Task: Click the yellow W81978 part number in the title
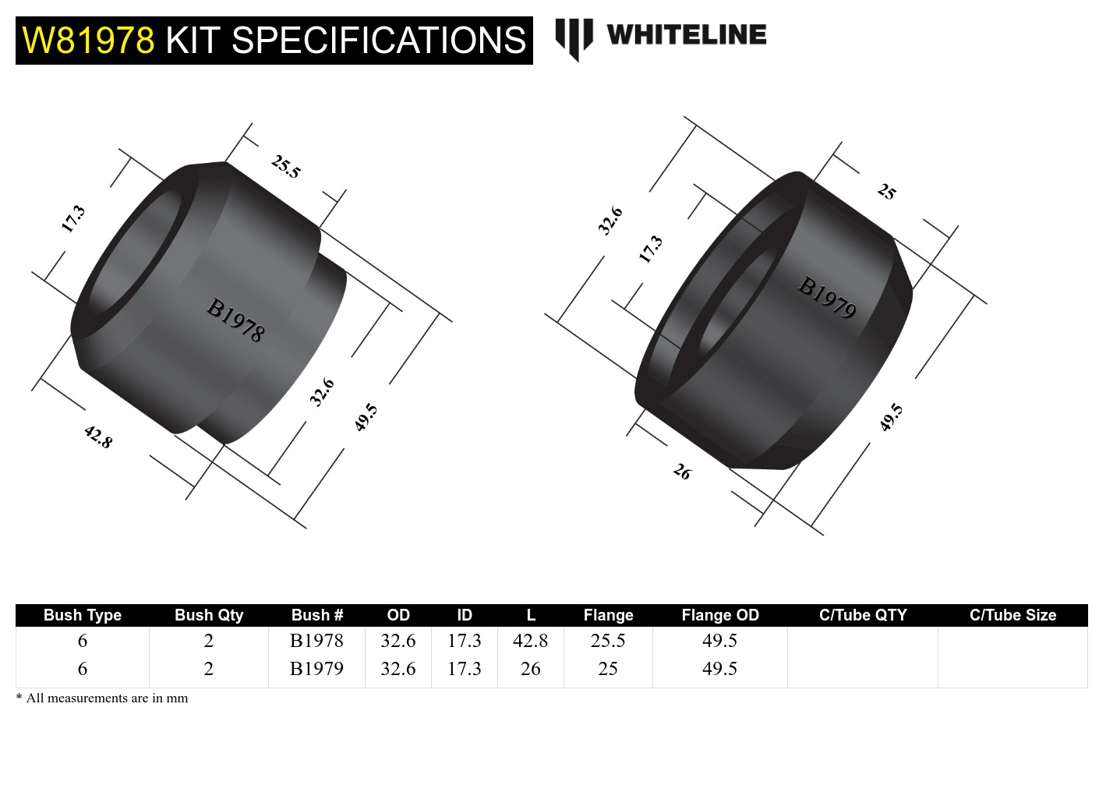tap(88, 41)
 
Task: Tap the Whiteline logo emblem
tap(574, 37)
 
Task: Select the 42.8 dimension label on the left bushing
tap(98, 437)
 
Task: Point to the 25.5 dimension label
tap(285, 166)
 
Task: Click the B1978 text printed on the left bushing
tap(235, 320)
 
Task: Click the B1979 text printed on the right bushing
tap(827, 297)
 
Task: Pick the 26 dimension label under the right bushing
tap(682, 472)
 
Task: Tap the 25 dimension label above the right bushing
tap(887, 191)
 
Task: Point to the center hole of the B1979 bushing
tap(737, 308)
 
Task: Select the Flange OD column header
tap(719, 615)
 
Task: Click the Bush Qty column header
tap(209, 615)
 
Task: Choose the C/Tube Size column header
tap(1012, 615)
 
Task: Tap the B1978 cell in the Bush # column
tap(316, 641)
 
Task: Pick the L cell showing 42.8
tap(530, 641)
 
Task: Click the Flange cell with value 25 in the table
tap(608, 669)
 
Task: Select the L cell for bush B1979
tap(530, 669)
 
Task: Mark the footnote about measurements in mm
tap(102, 698)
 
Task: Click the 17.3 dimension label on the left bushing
tap(73, 219)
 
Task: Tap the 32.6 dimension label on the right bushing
tap(610, 221)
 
